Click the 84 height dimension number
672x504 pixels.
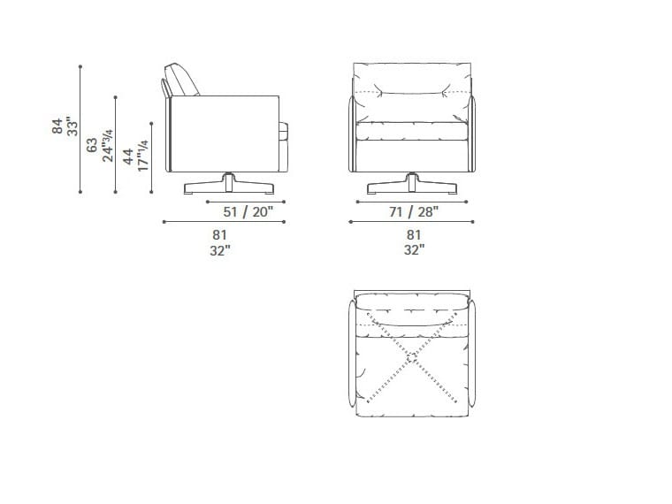coord(57,126)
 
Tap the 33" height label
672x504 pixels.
coord(73,126)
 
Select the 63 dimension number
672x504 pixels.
coord(92,145)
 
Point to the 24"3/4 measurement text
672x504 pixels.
coord(108,145)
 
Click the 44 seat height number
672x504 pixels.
coord(127,157)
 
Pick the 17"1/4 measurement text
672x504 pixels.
coord(142,156)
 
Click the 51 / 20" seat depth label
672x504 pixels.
coord(248,211)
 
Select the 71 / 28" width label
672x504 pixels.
coord(414,211)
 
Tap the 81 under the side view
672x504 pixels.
coord(219,235)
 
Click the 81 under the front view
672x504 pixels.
coord(414,235)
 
